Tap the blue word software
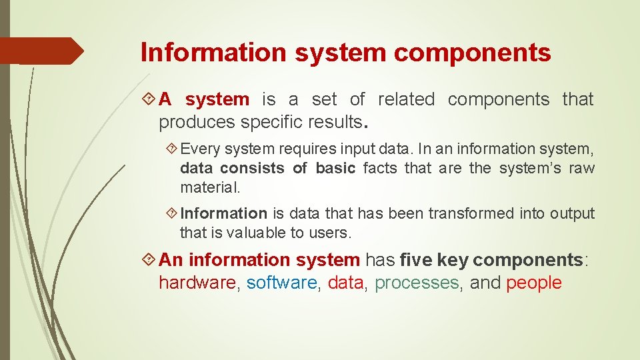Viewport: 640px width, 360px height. pos(282,283)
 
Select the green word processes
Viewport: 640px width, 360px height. pos(417,283)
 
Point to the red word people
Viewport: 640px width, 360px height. pos(534,283)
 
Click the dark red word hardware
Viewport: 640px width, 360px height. pos(197,283)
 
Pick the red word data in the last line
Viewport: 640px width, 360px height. pos(345,283)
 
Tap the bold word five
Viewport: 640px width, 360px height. pos(416,259)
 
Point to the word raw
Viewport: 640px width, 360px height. pos(581,168)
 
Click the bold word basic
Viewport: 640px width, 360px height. pos(335,168)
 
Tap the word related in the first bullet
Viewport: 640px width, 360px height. pos(406,99)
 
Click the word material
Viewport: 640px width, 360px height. pos(209,188)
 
